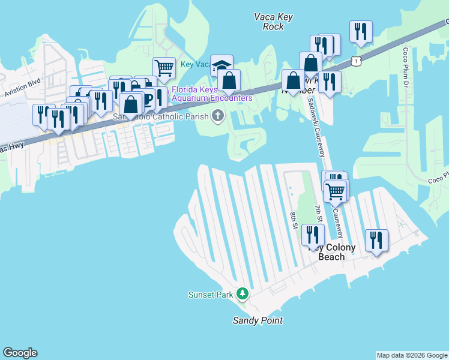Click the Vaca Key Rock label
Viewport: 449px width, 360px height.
[x=273, y=22]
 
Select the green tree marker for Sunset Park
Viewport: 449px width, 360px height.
[x=243, y=294]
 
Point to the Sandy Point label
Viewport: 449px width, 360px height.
[x=258, y=320]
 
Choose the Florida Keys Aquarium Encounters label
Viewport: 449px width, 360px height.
[x=212, y=94]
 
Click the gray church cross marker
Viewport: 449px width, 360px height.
[x=217, y=116]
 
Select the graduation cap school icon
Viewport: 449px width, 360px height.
[x=221, y=66]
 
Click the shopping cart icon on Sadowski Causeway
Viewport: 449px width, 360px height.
[x=336, y=192]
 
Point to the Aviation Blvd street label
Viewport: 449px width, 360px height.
[x=22, y=88]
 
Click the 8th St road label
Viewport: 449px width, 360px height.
[x=294, y=219]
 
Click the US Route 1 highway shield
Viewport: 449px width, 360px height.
[x=358, y=61]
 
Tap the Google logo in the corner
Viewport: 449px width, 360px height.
[x=20, y=353]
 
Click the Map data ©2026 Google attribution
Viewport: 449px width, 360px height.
[x=412, y=355]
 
